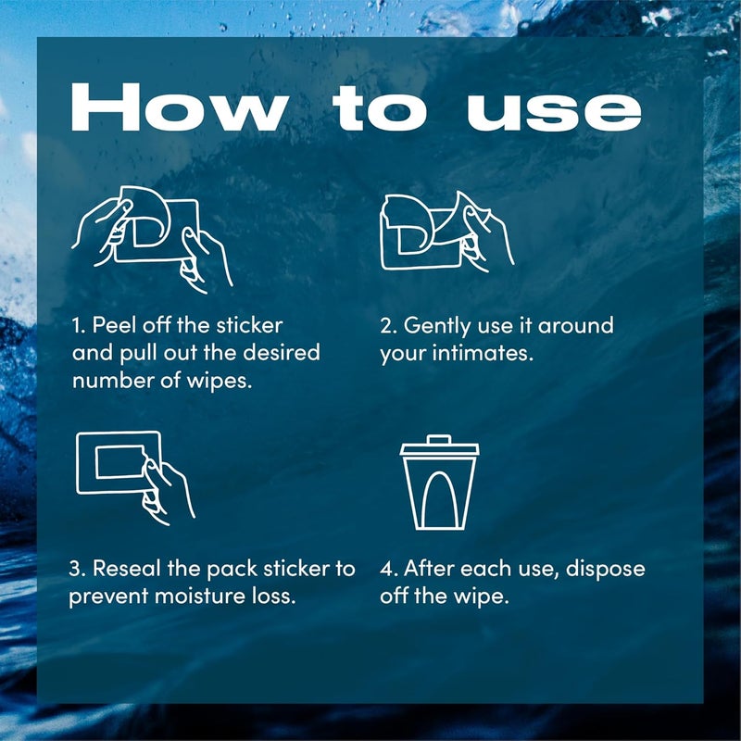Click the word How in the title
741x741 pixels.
click(x=179, y=107)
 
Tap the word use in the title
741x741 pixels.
click(x=554, y=112)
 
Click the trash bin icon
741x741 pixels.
click(x=439, y=482)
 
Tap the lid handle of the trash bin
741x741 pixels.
click(x=439, y=439)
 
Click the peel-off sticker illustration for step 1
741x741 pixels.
click(x=152, y=239)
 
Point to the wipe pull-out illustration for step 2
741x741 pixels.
click(x=446, y=231)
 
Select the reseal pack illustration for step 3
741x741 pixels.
click(x=135, y=478)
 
